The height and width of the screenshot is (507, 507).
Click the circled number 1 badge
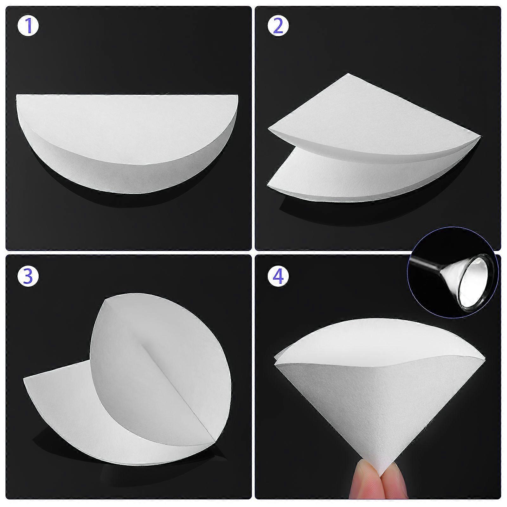[x=28, y=27]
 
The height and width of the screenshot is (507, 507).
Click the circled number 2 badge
[x=278, y=27]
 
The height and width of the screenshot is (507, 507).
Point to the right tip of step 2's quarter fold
[x=480, y=137]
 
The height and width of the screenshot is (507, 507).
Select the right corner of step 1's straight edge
[x=237, y=95]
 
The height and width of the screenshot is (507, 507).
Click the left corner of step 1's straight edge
[x=17, y=95]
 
